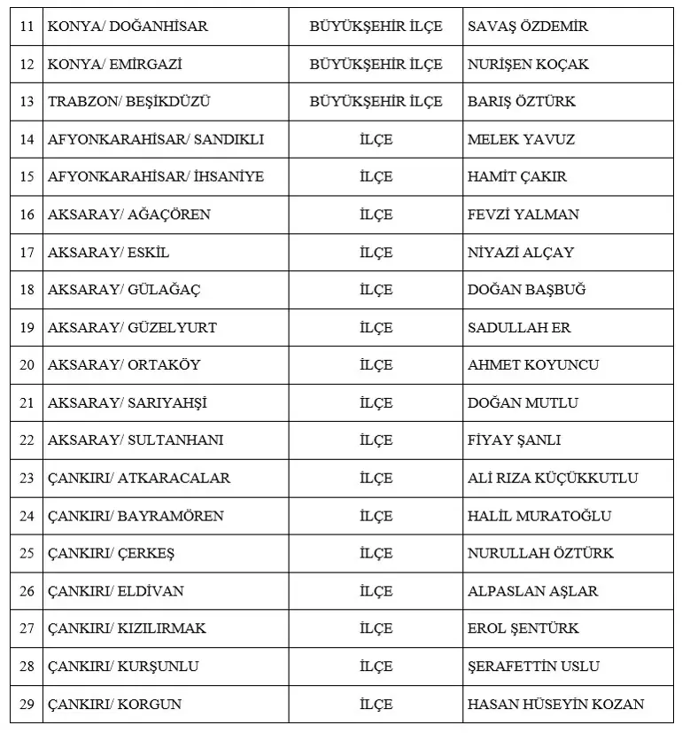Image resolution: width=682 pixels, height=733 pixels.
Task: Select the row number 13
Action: pos(27,102)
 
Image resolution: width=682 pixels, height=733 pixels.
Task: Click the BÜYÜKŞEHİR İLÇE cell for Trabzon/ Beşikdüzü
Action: pos(376,102)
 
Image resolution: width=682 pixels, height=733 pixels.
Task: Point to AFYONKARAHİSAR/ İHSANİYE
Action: pos(156,177)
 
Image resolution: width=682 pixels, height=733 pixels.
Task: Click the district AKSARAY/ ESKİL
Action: pos(108,253)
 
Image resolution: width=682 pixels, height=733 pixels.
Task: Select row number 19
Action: pos(27,328)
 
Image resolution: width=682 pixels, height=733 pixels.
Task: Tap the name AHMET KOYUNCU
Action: pos(533,365)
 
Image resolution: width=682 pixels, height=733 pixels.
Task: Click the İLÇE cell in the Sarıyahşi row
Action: pos(376,403)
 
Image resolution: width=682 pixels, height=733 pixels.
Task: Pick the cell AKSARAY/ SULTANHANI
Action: pos(136,441)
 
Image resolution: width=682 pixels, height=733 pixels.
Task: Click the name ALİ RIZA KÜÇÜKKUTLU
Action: pos(553,479)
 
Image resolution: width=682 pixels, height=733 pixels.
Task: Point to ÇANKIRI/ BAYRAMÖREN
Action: pos(136,516)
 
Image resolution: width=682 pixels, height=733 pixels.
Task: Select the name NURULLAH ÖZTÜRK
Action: pos(540,554)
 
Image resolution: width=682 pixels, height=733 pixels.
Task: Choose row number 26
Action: pos(27,591)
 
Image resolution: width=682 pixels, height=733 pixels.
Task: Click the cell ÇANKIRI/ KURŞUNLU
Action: pos(123,667)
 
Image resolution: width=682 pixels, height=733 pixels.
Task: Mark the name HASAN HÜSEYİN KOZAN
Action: pos(555,705)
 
